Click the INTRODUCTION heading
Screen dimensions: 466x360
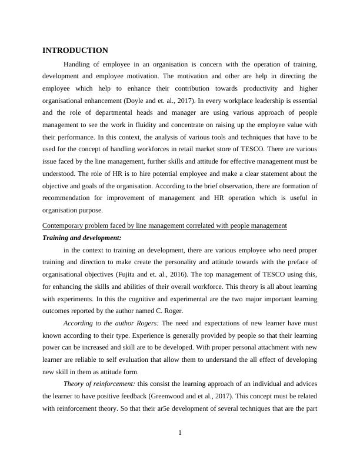75,51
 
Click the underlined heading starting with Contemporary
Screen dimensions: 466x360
165,225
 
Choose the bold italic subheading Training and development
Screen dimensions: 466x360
81,238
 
